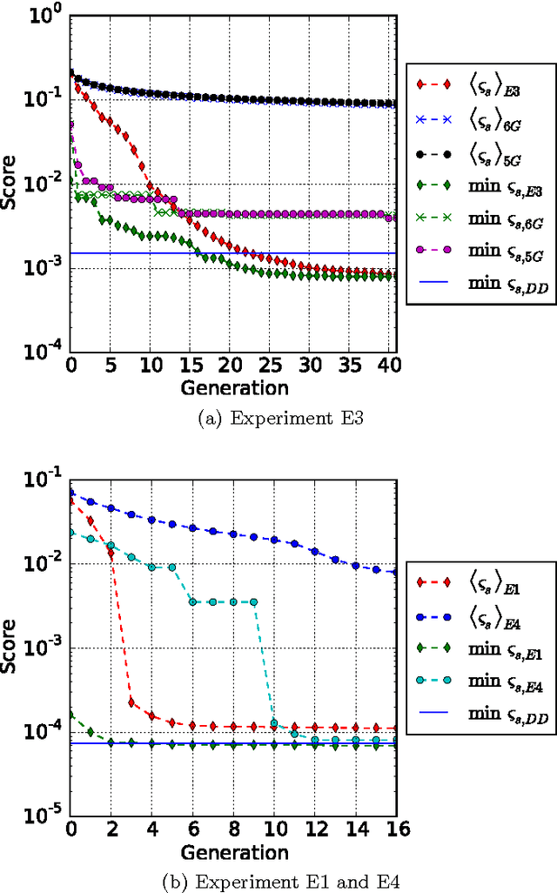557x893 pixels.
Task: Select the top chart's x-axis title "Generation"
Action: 234,386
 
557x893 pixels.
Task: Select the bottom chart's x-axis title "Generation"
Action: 234,850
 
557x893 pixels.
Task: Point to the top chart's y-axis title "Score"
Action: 10,185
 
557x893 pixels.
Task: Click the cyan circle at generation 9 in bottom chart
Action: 253,601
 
